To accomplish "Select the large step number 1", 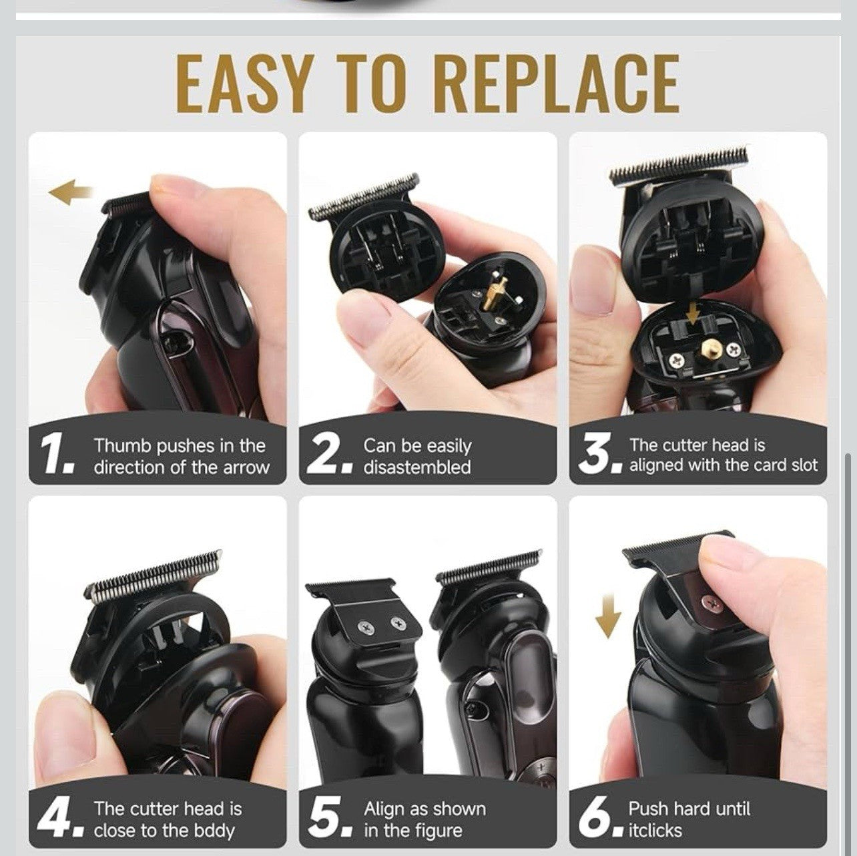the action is click(x=57, y=455).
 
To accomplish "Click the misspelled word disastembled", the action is click(x=417, y=467).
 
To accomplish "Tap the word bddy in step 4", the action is click(x=216, y=819).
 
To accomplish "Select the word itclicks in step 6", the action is click(x=655, y=818).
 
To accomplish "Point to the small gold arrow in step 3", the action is click(x=692, y=316).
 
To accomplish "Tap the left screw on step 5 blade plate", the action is click(x=366, y=628).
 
